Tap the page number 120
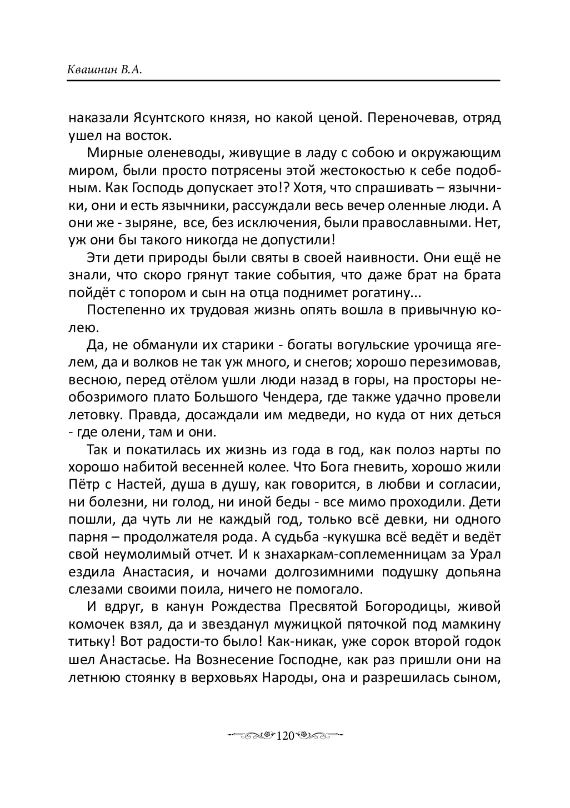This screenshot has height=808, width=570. pyautogui.click(x=284, y=736)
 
